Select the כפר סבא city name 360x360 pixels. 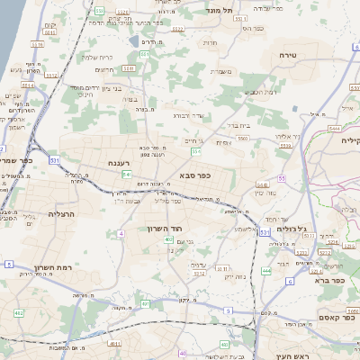click(x=195, y=175)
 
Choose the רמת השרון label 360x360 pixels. click(x=51, y=268)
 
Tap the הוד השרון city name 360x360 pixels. click(x=166, y=229)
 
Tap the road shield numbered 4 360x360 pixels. click(x=120, y=233)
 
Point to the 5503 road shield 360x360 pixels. click(x=242, y=139)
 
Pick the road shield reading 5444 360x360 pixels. click(x=335, y=129)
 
